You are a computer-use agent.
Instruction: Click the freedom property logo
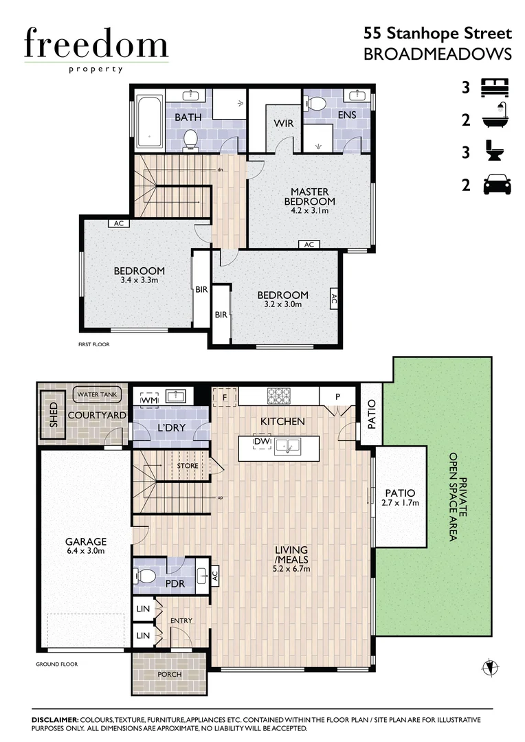[x=96, y=48]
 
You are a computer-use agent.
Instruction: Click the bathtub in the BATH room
[x=148, y=122]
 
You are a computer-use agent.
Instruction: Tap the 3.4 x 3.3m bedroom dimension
[x=139, y=280]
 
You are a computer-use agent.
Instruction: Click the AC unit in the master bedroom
[x=309, y=245]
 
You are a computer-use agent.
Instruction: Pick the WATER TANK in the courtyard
[x=98, y=395]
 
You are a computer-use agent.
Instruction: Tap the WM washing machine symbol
[x=150, y=398]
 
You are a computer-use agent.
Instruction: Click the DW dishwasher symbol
[x=262, y=442]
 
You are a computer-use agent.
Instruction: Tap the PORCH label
[x=169, y=674]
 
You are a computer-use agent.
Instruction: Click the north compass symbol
[x=489, y=666]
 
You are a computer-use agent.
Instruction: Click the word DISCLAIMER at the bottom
[x=56, y=719]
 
